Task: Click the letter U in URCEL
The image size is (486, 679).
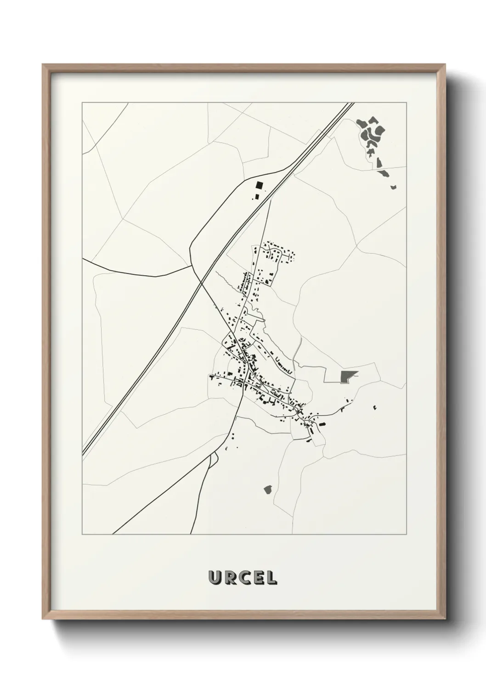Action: tap(215, 578)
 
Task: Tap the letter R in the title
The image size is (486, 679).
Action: tap(228, 578)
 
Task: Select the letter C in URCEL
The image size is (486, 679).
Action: tap(242, 578)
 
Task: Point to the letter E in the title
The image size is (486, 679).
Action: tap(256, 578)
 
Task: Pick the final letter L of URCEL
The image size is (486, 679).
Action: tap(270, 578)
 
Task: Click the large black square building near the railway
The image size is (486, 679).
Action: tap(260, 186)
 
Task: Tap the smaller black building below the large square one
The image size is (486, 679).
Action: tap(257, 197)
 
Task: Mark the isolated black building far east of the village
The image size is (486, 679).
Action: tap(375, 406)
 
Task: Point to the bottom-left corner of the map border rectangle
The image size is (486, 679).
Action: tap(82, 534)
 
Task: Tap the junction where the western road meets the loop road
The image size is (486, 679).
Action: tap(191, 265)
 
